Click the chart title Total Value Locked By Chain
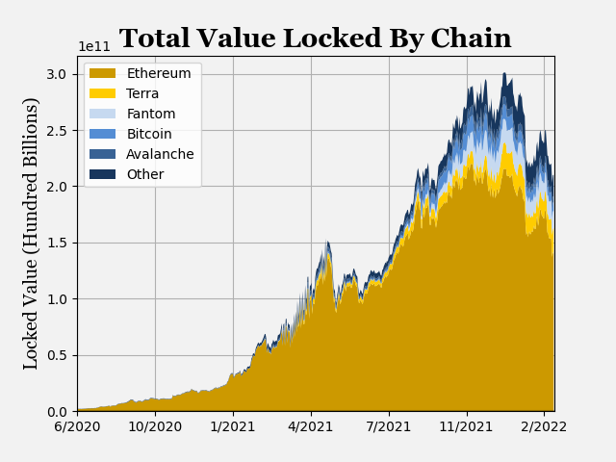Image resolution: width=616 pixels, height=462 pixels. click(x=316, y=38)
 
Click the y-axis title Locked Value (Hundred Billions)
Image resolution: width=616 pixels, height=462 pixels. click(x=32, y=233)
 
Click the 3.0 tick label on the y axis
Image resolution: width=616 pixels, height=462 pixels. click(x=57, y=75)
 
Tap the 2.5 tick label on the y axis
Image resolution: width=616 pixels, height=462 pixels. click(x=57, y=131)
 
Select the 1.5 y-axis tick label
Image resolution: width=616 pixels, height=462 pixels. click(x=57, y=244)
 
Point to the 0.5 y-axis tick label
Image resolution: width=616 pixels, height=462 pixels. click(x=57, y=356)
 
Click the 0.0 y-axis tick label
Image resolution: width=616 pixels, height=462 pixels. click(x=57, y=412)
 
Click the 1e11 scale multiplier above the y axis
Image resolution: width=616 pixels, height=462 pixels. click(x=94, y=47)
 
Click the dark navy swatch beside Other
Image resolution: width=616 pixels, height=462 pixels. click(x=102, y=175)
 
